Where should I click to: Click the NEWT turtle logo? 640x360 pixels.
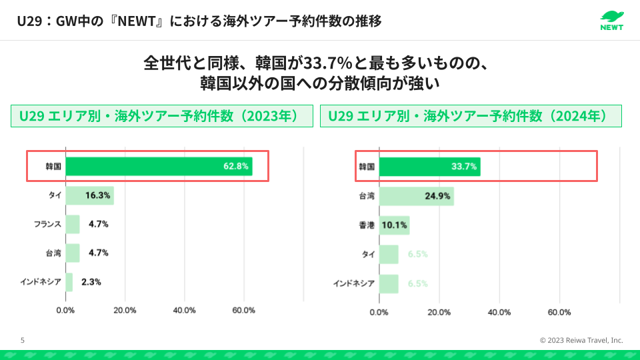tap(611, 20)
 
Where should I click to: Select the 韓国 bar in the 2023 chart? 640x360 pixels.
tap(159, 166)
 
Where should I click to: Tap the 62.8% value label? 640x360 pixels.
tap(236, 166)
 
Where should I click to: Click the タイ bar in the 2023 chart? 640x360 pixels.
tap(89, 195)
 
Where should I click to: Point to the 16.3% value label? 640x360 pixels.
tap(97, 195)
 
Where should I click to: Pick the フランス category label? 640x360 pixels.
tap(47, 224)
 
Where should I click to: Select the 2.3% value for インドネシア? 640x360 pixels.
tap(91, 282)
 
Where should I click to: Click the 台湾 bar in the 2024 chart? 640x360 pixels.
tap(416, 196)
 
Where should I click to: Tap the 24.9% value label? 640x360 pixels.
tap(437, 196)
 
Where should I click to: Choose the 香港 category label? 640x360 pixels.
tap(367, 225)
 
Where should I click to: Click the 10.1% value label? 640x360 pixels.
tap(394, 225)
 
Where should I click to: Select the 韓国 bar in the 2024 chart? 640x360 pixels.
tap(429, 167)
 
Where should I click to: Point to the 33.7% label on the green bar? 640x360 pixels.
tap(464, 167)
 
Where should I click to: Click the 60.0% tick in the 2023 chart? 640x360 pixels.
tap(243, 311)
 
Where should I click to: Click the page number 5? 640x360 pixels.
tap(23, 340)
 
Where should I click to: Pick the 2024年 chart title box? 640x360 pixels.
tap(471, 116)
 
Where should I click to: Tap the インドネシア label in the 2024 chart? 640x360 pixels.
tap(354, 283)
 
